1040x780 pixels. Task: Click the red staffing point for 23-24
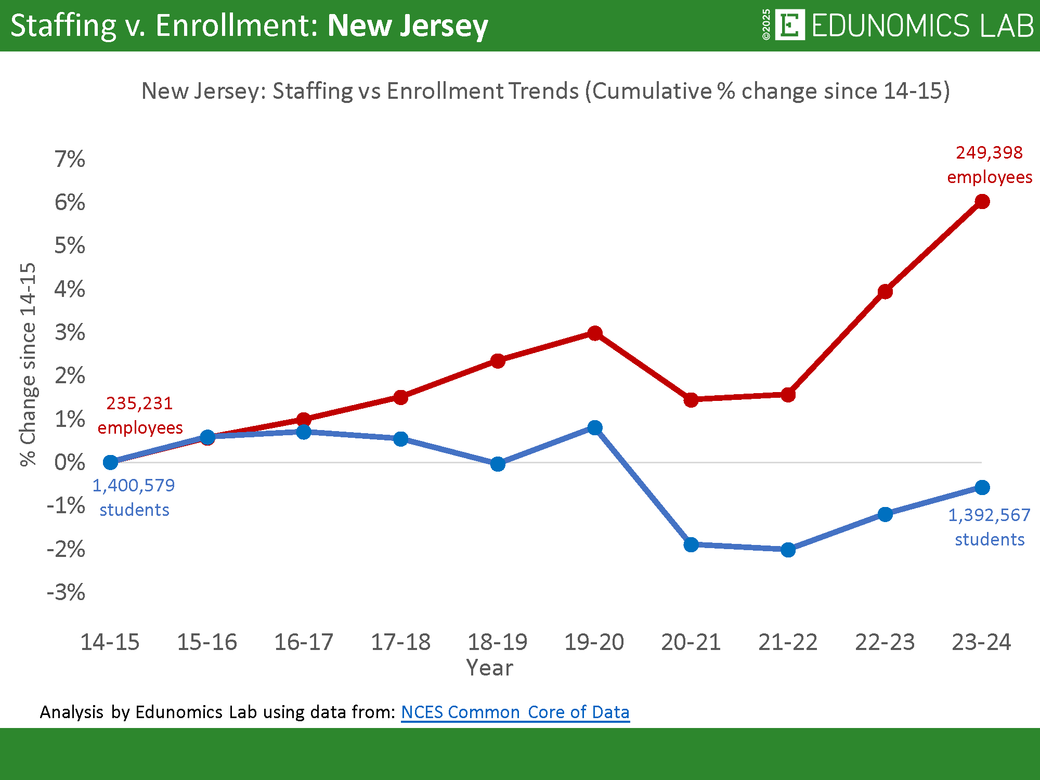click(x=982, y=201)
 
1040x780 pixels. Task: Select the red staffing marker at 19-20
click(x=595, y=333)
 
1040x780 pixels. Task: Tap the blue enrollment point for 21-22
click(x=788, y=550)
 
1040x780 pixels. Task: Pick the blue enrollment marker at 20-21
click(x=691, y=544)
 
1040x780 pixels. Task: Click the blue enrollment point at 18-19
click(x=498, y=464)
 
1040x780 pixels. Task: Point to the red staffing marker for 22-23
click(x=885, y=292)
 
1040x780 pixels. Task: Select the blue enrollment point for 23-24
click(x=982, y=487)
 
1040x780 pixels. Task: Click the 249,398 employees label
click(x=989, y=164)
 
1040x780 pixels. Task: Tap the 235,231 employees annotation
click(x=140, y=415)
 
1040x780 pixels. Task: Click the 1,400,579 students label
click(x=134, y=497)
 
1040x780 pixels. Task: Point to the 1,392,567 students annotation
click(x=989, y=527)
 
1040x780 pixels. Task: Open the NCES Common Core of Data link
click(x=515, y=712)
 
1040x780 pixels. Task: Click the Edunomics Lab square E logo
click(x=789, y=24)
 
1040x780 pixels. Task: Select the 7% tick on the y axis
click(x=70, y=159)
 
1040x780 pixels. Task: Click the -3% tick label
click(x=66, y=592)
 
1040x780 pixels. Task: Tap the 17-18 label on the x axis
click(x=400, y=642)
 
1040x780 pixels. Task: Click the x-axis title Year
click(x=489, y=668)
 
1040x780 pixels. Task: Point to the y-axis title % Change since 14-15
click(x=28, y=364)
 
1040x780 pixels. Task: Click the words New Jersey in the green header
click(x=408, y=25)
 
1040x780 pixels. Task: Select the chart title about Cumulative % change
click(x=545, y=91)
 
